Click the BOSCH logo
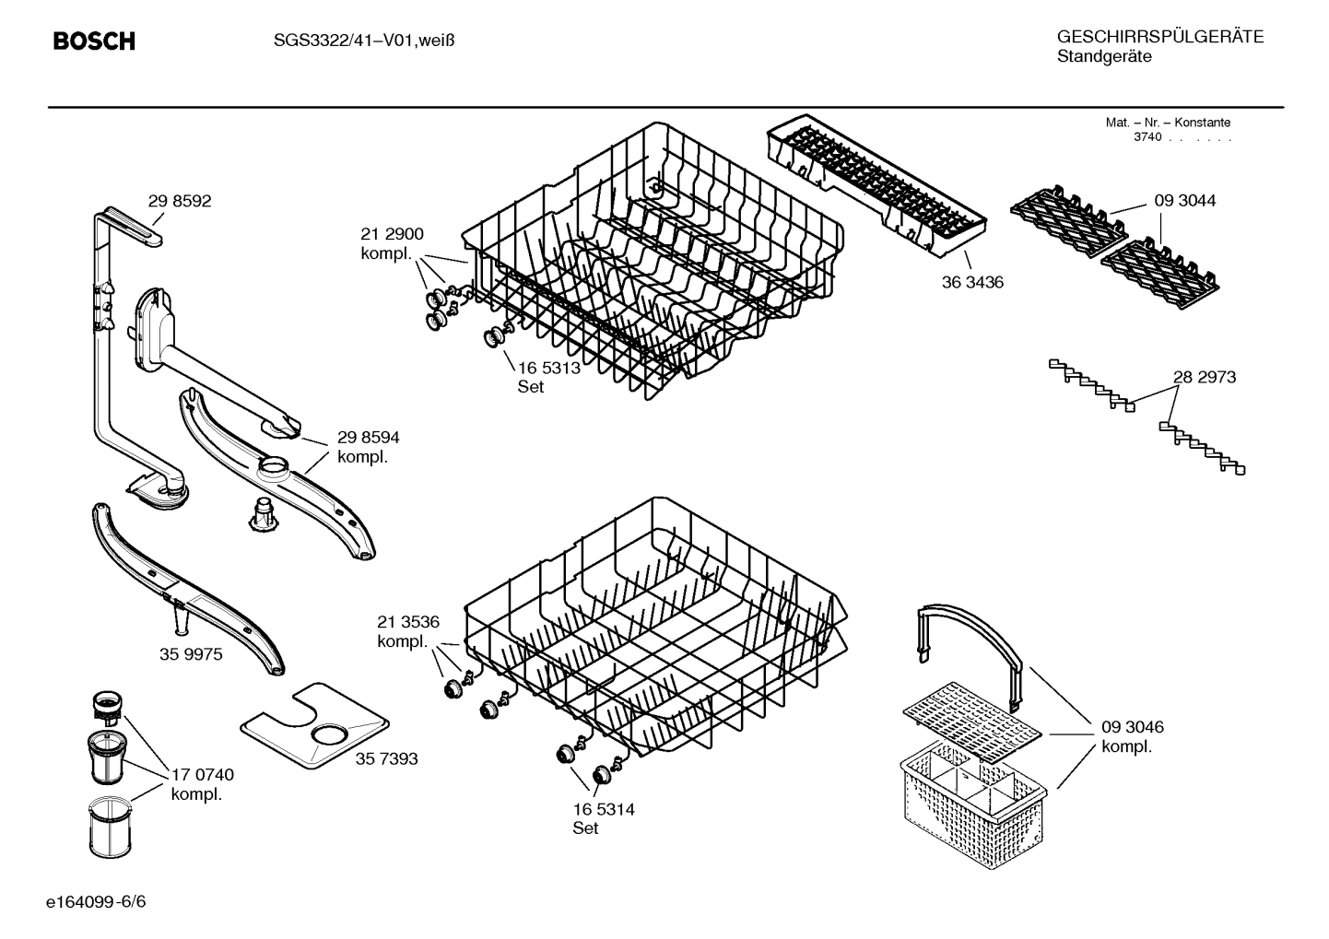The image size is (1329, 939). coord(94,41)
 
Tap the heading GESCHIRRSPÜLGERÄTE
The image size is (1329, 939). coord(1159,37)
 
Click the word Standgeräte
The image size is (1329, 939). coord(1103,57)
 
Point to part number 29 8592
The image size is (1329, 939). coord(179,201)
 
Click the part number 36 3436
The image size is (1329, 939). coord(971,283)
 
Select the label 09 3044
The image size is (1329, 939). coord(1184,201)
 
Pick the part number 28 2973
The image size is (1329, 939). coord(1205,377)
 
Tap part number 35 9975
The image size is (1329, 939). coord(191,654)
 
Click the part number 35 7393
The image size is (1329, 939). coord(386,758)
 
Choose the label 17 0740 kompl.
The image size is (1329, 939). coord(202,784)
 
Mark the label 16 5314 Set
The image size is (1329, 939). coord(603,818)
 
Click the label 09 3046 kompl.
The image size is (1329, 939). coord(1132,736)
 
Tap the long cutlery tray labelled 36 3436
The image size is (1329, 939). coord(876,184)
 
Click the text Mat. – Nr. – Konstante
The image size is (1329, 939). coord(1167,123)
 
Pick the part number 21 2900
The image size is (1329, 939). coord(392,234)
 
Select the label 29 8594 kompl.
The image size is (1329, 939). coord(368,447)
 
